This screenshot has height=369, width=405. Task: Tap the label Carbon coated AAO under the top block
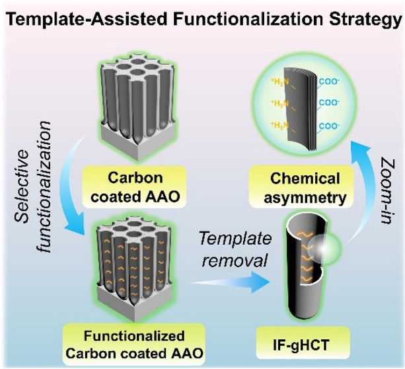[x=135, y=187]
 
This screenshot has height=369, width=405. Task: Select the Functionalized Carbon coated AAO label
[x=134, y=345]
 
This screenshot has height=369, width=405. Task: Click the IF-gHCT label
[x=301, y=345]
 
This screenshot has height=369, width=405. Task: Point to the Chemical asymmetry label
[x=305, y=188]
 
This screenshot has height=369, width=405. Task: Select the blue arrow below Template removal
[x=231, y=282]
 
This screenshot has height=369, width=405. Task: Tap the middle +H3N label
[x=280, y=104]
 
